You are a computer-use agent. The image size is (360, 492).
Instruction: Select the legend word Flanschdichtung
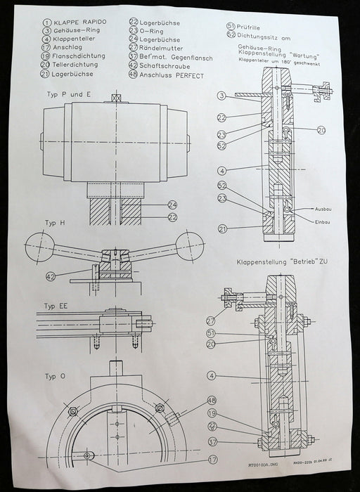coord(74,56)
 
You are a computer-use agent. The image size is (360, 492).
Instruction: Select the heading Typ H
coord(55,223)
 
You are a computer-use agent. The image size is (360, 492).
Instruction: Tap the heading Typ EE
coord(57,306)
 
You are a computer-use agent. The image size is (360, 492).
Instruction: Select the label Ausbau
coord(323,209)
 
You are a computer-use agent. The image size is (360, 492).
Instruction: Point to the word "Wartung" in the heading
coord(304,54)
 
